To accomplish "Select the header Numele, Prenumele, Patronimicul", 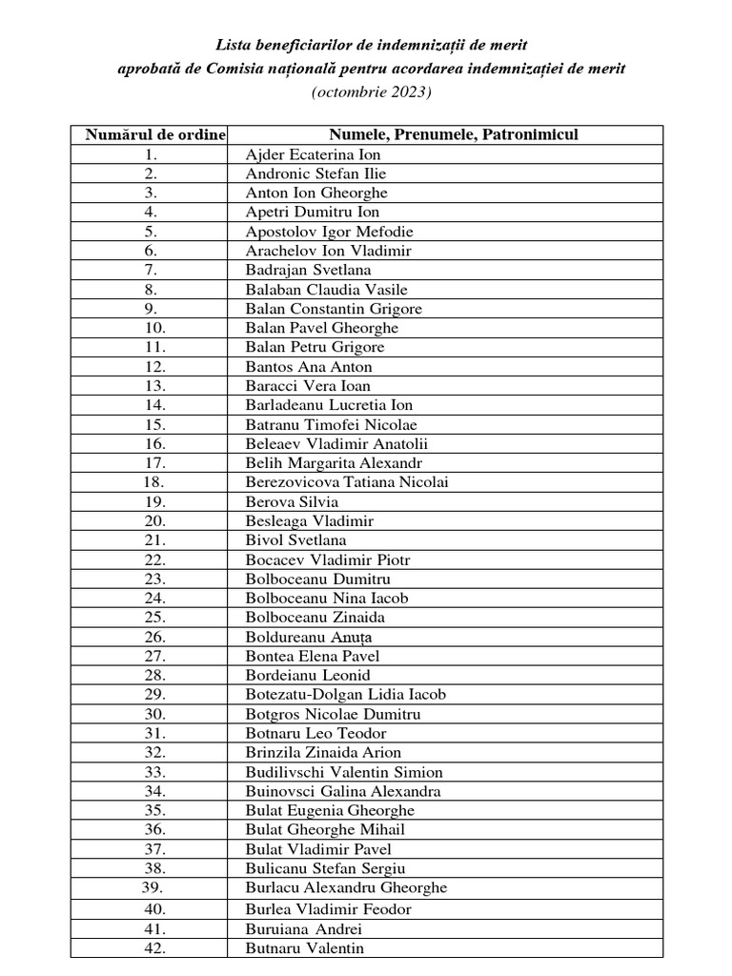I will tap(455, 135).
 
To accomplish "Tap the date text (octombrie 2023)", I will tap(371, 92).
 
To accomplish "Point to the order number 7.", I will tap(151, 270).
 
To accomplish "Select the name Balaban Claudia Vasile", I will tap(320, 290).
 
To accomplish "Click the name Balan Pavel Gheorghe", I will tap(309, 328).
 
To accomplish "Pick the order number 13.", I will tap(154, 386).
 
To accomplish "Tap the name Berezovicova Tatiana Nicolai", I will tap(347, 482).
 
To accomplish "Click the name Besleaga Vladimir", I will tap(310, 520).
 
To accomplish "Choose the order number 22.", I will tap(154, 559).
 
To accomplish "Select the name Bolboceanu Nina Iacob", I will tap(327, 599).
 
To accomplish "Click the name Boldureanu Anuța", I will tap(311, 637).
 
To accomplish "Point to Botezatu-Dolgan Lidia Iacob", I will tap(346, 695).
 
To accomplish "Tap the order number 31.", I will tap(154, 733).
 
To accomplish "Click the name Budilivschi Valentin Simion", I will tap(344, 772).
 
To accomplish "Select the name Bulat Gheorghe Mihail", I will tap(325, 829).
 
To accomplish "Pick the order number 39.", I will tap(154, 887).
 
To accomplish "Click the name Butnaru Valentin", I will tap(304, 947).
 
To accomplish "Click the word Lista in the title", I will tap(234, 45).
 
